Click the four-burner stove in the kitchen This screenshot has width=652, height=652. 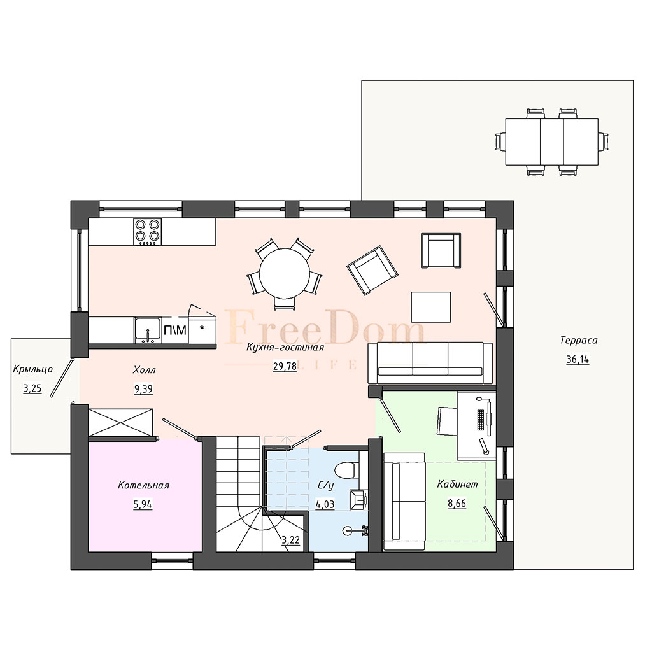[x=147, y=232]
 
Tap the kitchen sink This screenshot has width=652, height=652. [x=148, y=330]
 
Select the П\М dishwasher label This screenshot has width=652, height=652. [x=175, y=330]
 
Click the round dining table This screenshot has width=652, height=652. [x=285, y=273]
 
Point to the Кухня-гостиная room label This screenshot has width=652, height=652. [x=285, y=347]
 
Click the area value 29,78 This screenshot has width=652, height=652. [x=285, y=366]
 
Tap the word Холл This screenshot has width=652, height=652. [x=145, y=370]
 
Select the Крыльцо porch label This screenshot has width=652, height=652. [x=33, y=369]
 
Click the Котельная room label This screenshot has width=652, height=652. [x=143, y=485]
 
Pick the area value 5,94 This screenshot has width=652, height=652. [x=143, y=504]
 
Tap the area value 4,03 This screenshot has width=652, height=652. [x=325, y=504]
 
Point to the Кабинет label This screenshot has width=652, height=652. [x=457, y=484]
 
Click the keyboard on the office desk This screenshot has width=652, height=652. [x=481, y=420]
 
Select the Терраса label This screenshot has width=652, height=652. [x=579, y=340]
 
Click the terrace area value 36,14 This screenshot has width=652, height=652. [x=578, y=359]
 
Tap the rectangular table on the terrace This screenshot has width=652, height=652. [x=552, y=142]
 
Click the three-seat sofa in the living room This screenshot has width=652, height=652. [x=430, y=363]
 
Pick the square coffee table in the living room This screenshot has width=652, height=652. [x=431, y=307]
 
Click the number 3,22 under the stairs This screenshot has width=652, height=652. [x=290, y=540]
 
